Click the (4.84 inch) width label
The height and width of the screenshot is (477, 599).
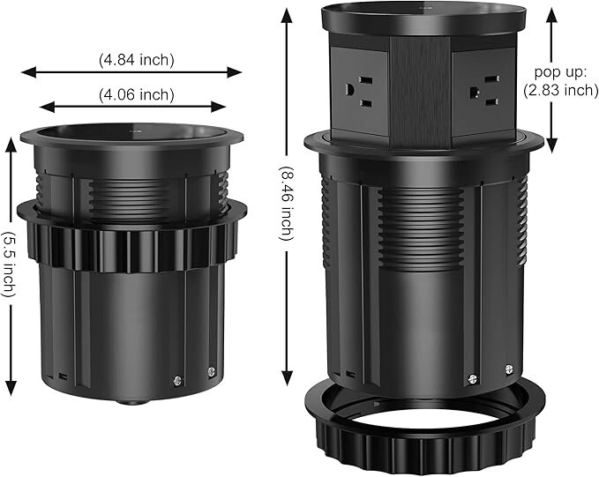coord(136,60)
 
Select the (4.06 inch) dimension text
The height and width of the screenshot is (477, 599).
coord(136,94)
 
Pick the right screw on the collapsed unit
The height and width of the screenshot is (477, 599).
coord(211,372)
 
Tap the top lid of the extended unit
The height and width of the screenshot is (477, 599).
coord(423,19)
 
